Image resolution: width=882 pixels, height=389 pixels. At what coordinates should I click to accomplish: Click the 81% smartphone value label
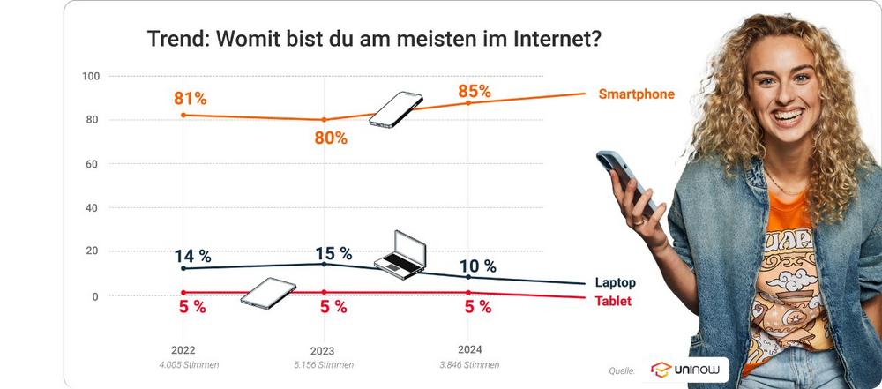click(191, 98)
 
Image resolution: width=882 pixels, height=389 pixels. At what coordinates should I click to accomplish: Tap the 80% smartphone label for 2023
click(331, 138)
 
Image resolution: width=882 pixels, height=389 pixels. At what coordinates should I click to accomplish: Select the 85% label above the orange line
click(475, 91)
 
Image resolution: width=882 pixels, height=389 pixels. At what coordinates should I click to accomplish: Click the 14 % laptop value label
click(192, 256)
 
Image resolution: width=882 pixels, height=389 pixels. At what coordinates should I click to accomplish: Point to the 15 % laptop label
click(333, 253)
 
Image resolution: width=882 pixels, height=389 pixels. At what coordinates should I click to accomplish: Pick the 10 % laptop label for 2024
click(477, 266)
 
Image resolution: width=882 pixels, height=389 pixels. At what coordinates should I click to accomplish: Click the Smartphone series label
click(636, 94)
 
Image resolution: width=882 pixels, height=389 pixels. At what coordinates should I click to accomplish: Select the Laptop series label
click(616, 283)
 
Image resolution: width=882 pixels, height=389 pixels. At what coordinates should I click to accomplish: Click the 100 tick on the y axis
click(90, 76)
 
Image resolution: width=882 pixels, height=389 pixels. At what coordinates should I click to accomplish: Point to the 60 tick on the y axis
click(92, 164)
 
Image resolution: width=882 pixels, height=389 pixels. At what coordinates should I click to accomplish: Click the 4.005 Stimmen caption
click(183, 364)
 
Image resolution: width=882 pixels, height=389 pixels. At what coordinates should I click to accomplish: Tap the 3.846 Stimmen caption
click(468, 364)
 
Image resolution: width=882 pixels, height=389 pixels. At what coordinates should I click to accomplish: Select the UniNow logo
click(689, 370)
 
